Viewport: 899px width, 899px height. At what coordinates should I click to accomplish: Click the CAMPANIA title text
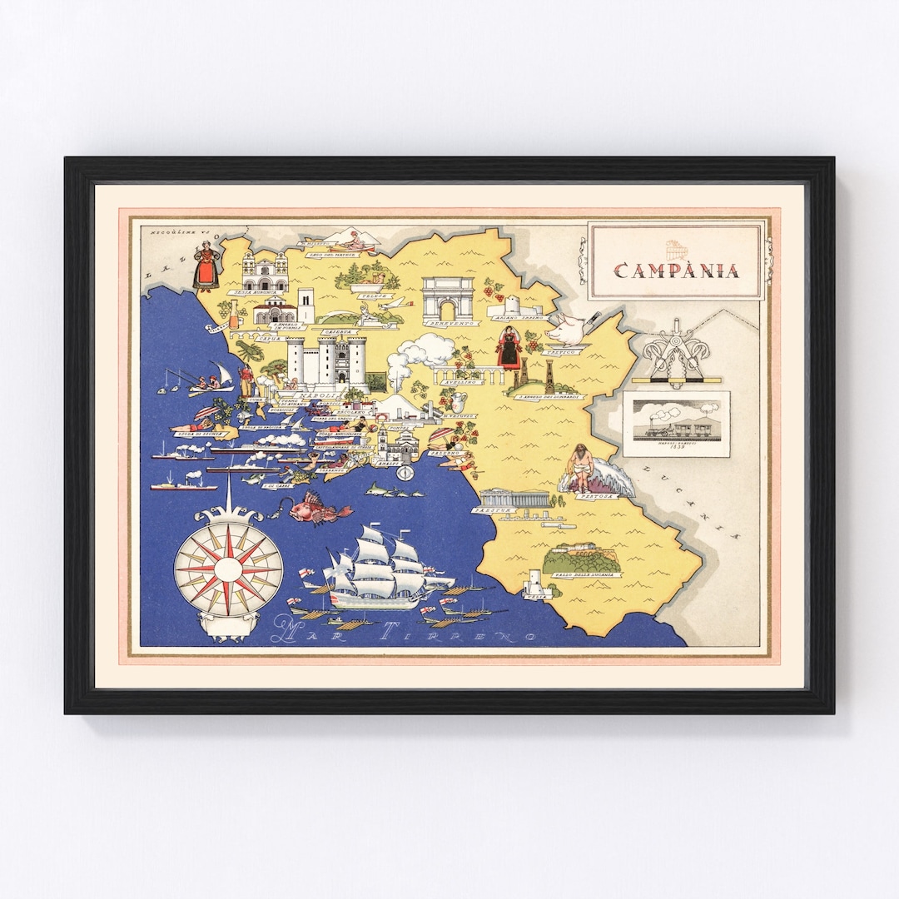(676, 270)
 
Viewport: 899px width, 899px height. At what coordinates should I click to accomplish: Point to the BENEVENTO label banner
(451, 322)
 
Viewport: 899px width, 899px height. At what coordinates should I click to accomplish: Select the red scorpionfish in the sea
(318, 507)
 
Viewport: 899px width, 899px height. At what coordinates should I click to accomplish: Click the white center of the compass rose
(228, 569)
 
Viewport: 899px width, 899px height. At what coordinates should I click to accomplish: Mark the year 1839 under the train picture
(676, 446)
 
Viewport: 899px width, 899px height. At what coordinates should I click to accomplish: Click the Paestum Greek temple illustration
(514, 497)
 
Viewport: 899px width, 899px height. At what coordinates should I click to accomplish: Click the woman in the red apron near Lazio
(206, 264)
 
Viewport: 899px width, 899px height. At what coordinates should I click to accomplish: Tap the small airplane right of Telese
(396, 304)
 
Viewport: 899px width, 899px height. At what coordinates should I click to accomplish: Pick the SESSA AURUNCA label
(255, 292)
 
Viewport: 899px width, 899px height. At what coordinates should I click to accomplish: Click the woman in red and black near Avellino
(509, 347)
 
